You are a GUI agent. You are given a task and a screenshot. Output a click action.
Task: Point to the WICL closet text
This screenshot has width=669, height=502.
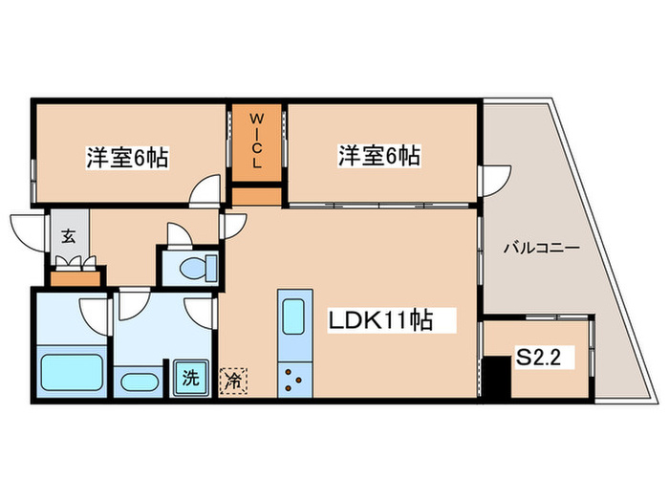pos(257,142)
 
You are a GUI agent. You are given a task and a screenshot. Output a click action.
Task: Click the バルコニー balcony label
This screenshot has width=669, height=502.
pos(541,248)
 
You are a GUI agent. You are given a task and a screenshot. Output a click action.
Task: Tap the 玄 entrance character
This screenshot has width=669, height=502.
pos(70,235)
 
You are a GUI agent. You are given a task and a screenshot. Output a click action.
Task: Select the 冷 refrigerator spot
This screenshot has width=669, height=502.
pos(233,380)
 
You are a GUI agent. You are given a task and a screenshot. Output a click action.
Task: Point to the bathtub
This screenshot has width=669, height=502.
pos(72,371)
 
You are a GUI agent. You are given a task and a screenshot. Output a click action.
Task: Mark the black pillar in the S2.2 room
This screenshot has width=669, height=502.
pos(496,377)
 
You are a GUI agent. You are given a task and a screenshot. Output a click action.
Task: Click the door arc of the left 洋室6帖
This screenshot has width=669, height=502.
pos(205,192)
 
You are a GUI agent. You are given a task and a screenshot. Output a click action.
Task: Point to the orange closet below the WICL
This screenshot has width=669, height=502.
pos(257,196)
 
